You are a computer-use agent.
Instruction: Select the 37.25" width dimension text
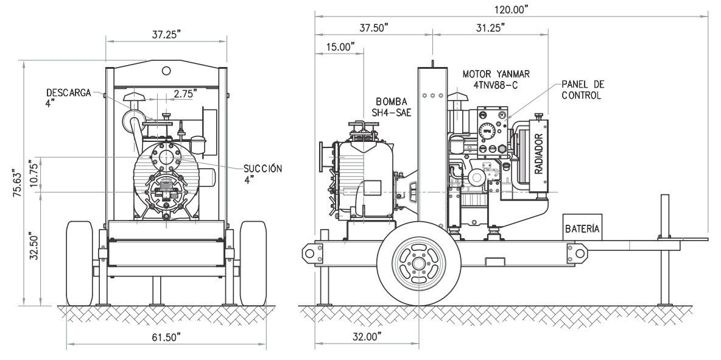click(166, 35)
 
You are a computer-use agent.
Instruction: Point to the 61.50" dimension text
click(166, 337)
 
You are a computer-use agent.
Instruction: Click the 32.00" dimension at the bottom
click(367, 337)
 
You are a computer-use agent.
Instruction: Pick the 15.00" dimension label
click(340, 47)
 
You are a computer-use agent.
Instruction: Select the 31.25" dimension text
click(491, 27)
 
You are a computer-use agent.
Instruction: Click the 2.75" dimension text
click(185, 94)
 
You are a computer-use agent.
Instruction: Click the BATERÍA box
click(582, 227)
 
